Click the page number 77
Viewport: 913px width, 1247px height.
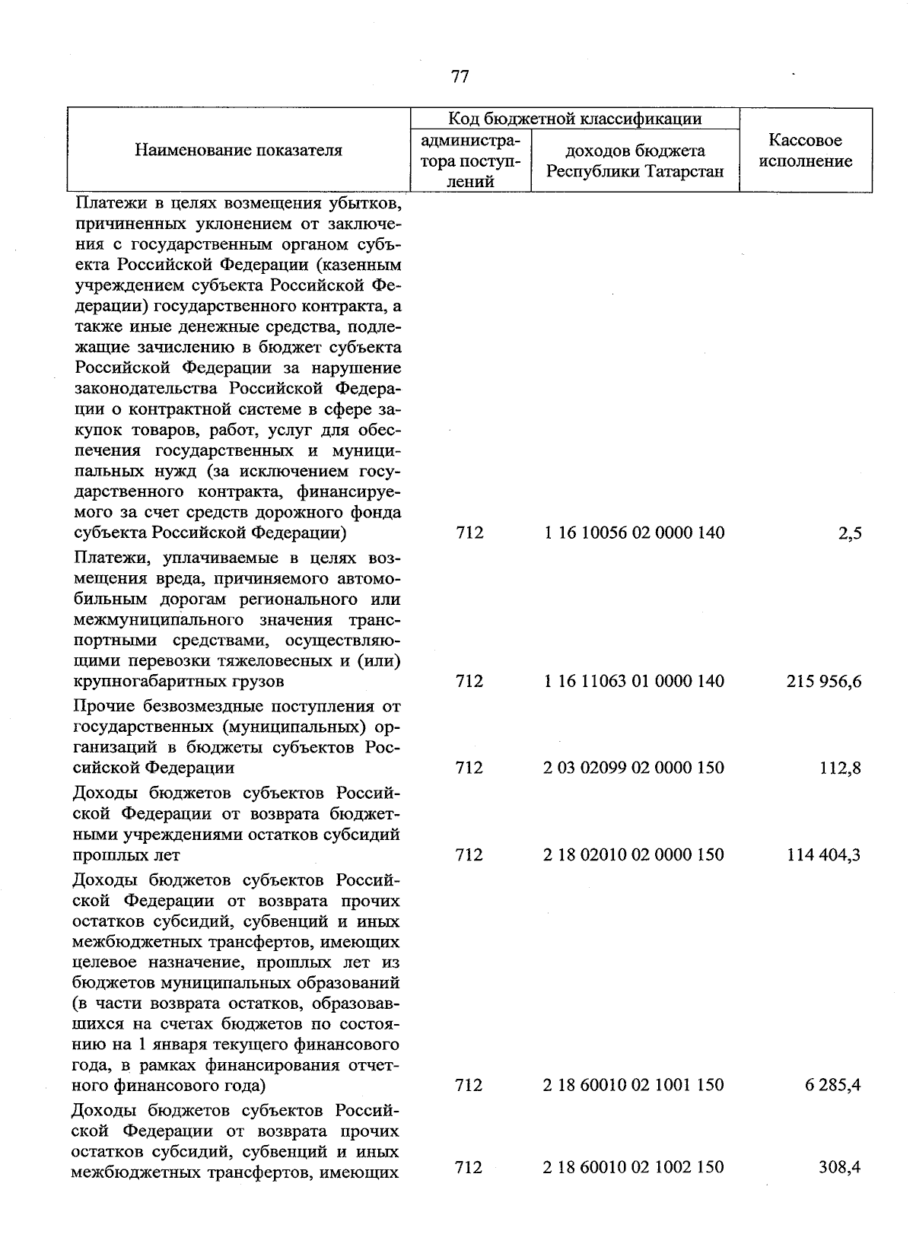pyautogui.click(x=460, y=76)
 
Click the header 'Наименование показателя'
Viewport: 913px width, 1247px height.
pyautogui.click(x=238, y=150)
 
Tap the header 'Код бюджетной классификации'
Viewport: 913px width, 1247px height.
pyautogui.click(x=574, y=118)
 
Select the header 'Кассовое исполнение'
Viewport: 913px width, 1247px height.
pyautogui.click(x=805, y=151)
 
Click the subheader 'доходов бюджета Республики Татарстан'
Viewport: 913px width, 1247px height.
pyautogui.click(x=635, y=161)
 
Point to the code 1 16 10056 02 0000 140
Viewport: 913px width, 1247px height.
pyautogui.click(x=634, y=533)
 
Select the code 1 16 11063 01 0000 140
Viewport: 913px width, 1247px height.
pyautogui.click(x=634, y=681)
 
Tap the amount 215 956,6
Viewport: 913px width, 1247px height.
pyautogui.click(x=824, y=681)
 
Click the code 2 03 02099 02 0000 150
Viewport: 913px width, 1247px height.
pyautogui.click(x=634, y=768)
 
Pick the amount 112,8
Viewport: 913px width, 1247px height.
pyautogui.click(x=839, y=768)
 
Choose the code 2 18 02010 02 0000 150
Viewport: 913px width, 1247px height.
pyautogui.click(x=634, y=854)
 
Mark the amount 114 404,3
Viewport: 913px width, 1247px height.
pyautogui.click(x=824, y=854)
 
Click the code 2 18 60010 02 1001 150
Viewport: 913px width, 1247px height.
pyautogui.click(x=634, y=1085)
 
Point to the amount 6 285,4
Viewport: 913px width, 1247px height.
pyautogui.click(x=833, y=1085)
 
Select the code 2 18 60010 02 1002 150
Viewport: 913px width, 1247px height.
pyautogui.click(x=634, y=1166)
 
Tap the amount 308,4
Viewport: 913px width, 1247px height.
pyautogui.click(x=839, y=1166)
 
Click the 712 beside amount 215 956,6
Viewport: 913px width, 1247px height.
pyautogui.click(x=469, y=681)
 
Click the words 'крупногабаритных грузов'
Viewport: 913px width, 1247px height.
pyautogui.click(x=179, y=680)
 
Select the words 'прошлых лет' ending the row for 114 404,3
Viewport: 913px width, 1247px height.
pyautogui.click(x=126, y=855)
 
